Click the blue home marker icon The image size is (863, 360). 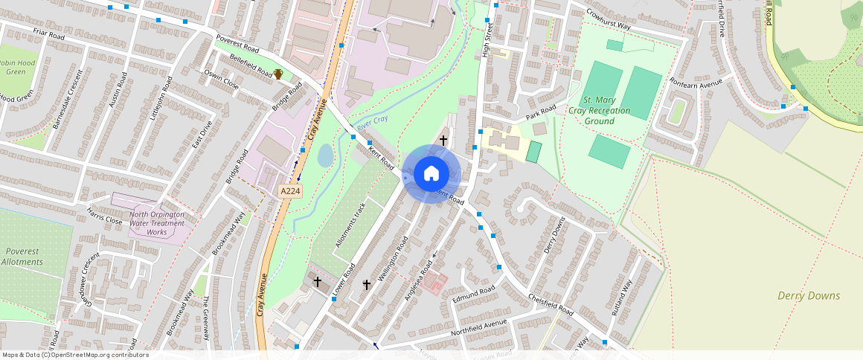[x=431, y=174]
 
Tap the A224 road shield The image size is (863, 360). [x=290, y=191]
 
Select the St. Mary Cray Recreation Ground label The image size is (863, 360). [x=600, y=110]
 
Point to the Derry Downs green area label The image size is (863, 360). [x=809, y=296]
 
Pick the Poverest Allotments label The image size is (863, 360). [x=22, y=257]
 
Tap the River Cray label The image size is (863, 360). [x=372, y=123]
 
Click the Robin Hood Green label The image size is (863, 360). [x=16, y=68]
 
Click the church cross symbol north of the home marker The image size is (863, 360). [x=443, y=140]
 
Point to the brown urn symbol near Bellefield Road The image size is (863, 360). [x=278, y=74]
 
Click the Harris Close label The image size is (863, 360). [x=104, y=220]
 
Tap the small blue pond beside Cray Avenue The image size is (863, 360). [x=325, y=155]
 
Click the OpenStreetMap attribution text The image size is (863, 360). [x=75, y=355]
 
